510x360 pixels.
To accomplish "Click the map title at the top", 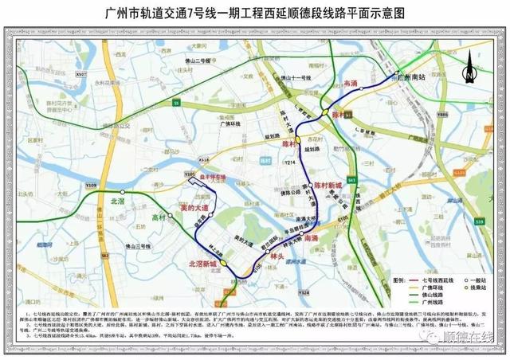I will pos(255,14).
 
